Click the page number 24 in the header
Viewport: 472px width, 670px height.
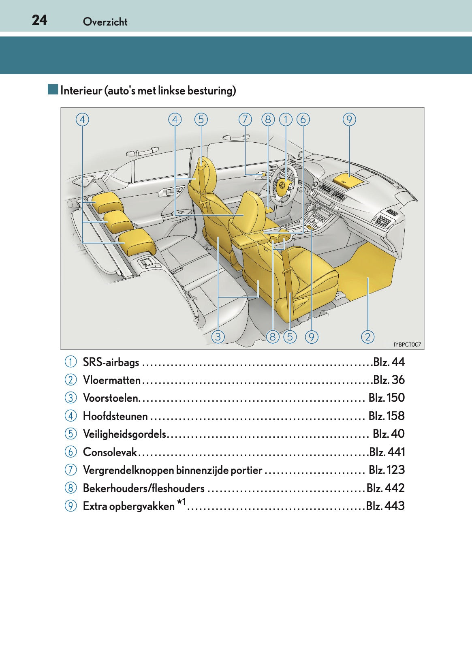click(40, 20)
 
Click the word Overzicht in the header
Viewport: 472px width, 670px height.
click(105, 22)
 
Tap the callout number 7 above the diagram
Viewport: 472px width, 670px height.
click(245, 120)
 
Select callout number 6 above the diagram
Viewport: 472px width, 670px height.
click(303, 120)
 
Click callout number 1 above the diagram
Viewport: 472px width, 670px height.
click(286, 120)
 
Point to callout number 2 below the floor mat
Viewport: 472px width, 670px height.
click(367, 336)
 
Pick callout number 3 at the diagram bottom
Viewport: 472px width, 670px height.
click(218, 336)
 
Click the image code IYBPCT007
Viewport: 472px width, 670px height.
click(407, 345)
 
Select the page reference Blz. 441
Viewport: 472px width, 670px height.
click(387, 452)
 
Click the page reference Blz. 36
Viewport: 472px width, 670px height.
click(389, 380)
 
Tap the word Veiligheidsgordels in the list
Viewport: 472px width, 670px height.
click(124, 434)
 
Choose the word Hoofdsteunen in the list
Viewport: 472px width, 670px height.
click(115, 416)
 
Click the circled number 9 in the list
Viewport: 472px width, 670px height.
click(70, 506)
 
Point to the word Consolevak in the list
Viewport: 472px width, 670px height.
click(110, 452)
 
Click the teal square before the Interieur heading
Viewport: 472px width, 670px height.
click(53, 90)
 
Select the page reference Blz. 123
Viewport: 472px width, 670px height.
click(387, 470)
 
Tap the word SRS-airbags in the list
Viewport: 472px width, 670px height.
click(111, 362)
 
